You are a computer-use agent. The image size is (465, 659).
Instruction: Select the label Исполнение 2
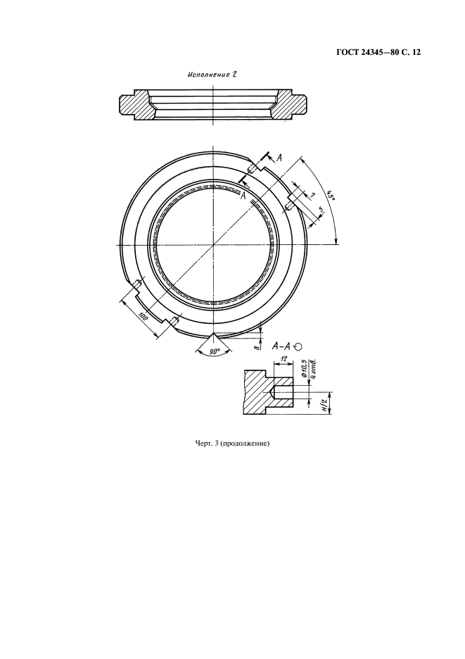point(212,75)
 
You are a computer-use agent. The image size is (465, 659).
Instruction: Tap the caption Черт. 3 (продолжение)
point(232,443)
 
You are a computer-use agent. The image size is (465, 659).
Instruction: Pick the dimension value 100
point(143,318)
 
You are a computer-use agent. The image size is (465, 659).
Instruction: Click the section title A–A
point(281,346)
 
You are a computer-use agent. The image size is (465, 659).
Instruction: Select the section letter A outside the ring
point(279,157)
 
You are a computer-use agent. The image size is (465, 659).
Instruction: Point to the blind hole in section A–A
point(282,393)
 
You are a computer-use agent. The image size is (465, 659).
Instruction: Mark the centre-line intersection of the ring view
point(213,244)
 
